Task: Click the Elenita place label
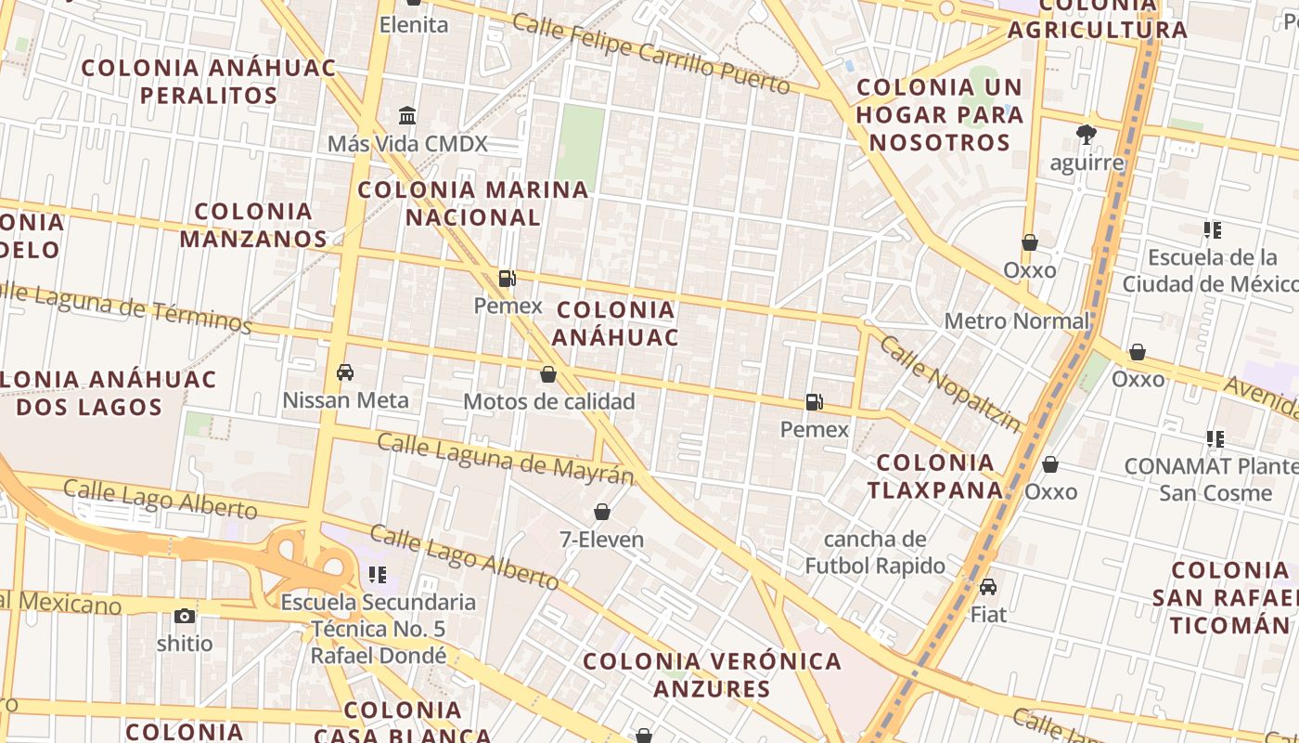[x=414, y=25]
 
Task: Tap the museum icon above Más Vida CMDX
[x=406, y=116]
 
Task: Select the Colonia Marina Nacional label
[x=473, y=203]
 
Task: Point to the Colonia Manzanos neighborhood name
[x=253, y=225]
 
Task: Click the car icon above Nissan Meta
[x=345, y=372]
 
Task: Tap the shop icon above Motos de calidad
[x=548, y=374]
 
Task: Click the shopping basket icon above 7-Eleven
[x=601, y=512]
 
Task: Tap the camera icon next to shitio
[x=185, y=616]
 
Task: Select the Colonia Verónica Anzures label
[x=713, y=675]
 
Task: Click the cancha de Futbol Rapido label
[x=875, y=553]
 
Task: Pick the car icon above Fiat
[x=988, y=587]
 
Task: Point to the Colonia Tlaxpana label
[x=935, y=476]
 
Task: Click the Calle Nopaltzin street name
[x=949, y=384]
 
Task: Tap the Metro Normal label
[x=1017, y=321]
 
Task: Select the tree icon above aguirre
[x=1087, y=136]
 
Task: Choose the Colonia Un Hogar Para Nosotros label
[x=939, y=115]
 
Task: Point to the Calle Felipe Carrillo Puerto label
[x=651, y=54]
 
